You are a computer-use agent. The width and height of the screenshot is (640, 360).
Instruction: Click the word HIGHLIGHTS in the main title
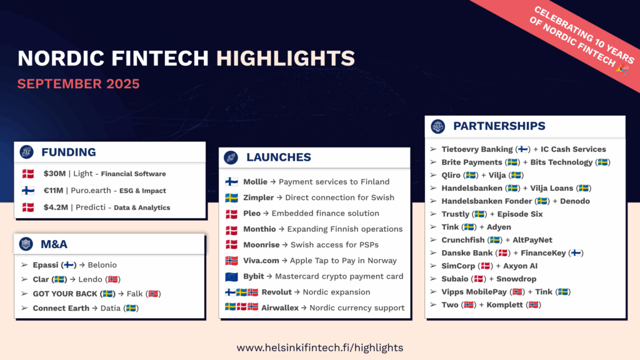[x=285, y=58]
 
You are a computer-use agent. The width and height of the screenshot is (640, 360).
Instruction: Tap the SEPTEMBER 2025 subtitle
[x=78, y=84]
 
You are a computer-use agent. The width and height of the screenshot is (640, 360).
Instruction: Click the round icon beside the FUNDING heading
[x=26, y=152]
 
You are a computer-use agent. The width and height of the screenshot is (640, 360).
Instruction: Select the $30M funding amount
[x=55, y=174]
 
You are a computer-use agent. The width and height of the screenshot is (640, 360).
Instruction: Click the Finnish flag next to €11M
[x=28, y=191]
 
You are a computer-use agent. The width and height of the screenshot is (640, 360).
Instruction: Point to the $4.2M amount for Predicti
[x=56, y=207]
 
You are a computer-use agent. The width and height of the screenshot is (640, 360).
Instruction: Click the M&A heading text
[x=54, y=244]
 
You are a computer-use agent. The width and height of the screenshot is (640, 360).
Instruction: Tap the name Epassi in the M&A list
[x=45, y=265]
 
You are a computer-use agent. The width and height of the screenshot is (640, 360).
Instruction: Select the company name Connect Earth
[x=61, y=308]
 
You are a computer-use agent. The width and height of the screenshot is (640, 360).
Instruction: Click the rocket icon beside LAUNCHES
[x=231, y=157]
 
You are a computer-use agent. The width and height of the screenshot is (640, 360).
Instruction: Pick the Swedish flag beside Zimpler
[x=231, y=198]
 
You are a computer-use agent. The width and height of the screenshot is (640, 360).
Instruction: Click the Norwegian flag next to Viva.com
[x=231, y=261]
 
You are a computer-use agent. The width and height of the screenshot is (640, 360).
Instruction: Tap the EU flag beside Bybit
[x=231, y=277]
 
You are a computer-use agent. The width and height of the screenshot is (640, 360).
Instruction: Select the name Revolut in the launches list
[x=276, y=292]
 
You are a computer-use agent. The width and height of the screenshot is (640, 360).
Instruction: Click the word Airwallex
[x=280, y=307]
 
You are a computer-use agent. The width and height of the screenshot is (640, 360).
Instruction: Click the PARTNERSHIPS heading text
[x=499, y=126]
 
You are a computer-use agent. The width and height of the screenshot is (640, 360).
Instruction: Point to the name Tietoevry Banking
[x=477, y=149]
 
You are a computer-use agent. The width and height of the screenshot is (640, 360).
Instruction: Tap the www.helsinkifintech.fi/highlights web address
[x=320, y=347]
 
